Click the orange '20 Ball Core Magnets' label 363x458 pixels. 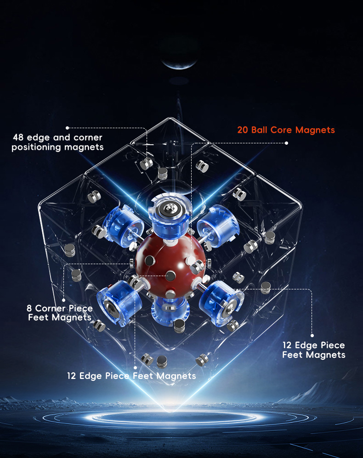pyautogui.click(x=286, y=130)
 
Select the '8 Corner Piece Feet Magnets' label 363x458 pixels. pyautogui.click(x=60, y=313)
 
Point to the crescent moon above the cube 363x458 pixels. pyautogui.click(x=179, y=64)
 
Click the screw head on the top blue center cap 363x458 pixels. pyautogui.click(x=168, y=208)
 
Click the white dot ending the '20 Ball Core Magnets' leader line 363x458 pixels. pyautogui.click(x=286, y=143)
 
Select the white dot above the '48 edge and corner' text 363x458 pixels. pyautogui.click(x=67, y=128)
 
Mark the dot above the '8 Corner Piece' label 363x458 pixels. pyautogui.click(x=64, y=300)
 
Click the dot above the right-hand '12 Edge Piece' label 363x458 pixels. pyautogui.click(x=312, y=336)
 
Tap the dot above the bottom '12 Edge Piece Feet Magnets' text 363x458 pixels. pyautogui.click(x=135, y=368)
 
